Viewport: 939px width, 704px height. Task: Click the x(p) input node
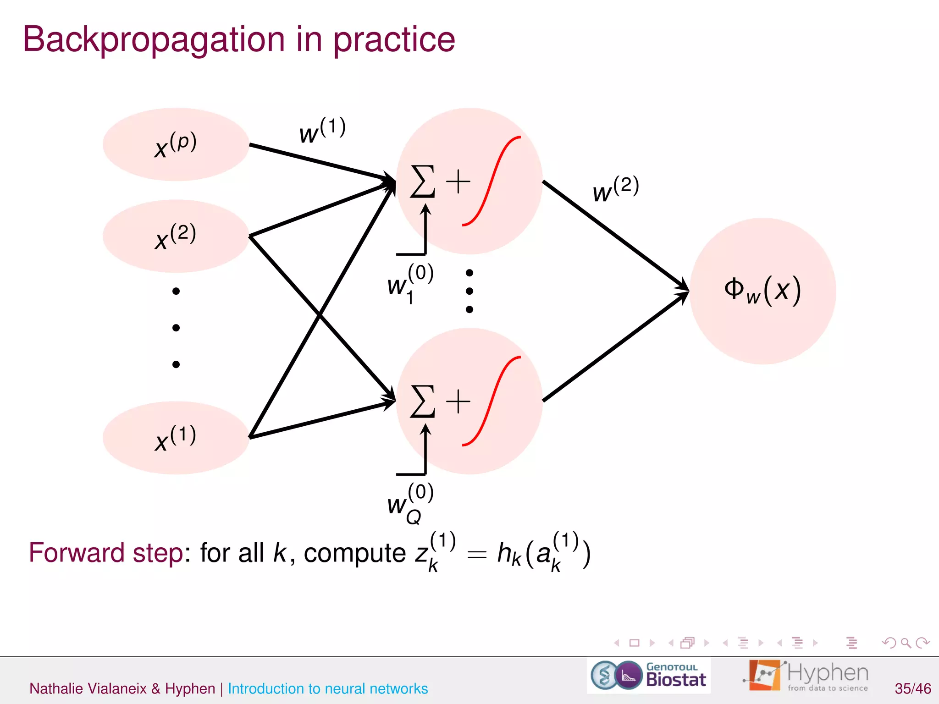176,144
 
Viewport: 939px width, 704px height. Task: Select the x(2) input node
176,236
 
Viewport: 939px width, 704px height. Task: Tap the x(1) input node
176,438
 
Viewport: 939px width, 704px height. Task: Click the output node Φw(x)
762,291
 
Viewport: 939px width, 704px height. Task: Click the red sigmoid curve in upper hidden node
491,181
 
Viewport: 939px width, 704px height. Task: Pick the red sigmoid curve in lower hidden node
491,401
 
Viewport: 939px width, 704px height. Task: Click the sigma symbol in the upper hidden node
422,181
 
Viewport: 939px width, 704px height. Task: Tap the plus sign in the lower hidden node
458,401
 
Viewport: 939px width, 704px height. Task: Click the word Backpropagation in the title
153,40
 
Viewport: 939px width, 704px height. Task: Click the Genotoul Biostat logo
649,675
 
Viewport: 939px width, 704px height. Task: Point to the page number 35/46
912,688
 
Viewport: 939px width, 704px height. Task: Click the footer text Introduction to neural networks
327,688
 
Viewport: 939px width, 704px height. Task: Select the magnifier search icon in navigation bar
906,643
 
